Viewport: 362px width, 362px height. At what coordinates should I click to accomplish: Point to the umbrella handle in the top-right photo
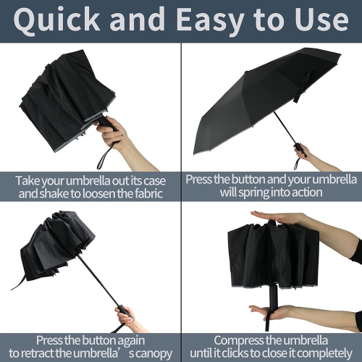pyautogui.click(x=298, y=148)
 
